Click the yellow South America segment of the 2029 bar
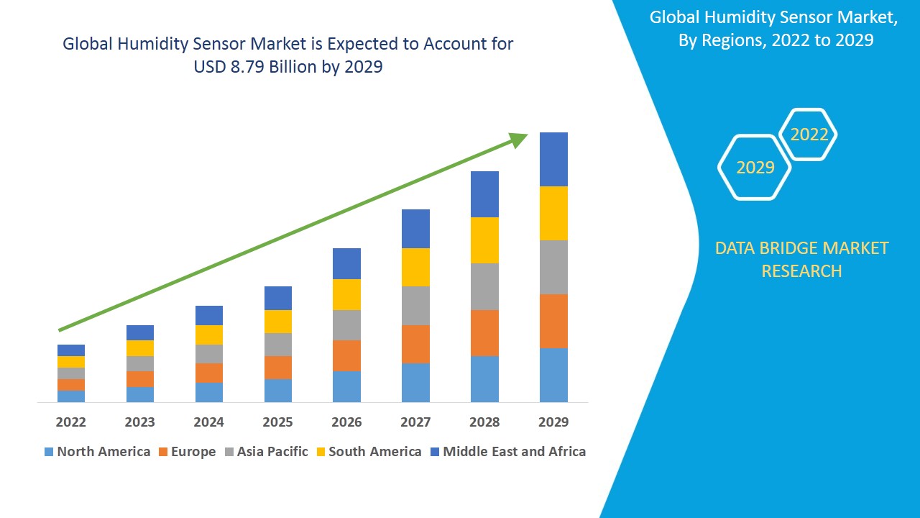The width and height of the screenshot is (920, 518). (553, 213)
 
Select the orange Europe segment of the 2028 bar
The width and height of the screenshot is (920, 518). (484, 332)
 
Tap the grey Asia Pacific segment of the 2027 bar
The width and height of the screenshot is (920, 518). (415, 306)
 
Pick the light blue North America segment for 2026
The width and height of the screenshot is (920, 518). (346, 386)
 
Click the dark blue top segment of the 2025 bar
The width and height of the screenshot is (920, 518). (278, 298)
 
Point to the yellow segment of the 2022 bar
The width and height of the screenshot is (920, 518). (71, 362)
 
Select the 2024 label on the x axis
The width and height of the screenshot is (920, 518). (208, 422)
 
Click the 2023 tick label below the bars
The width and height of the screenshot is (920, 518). (139, 422)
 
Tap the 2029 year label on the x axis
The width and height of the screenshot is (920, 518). (553, 422)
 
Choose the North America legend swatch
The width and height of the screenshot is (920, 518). (49, 453)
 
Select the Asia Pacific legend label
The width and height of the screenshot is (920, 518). (272, 452)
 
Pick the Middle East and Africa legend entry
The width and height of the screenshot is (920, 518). (514, 452)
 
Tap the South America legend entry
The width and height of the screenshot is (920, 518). (374, 452)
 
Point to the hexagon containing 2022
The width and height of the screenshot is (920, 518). (809, 135)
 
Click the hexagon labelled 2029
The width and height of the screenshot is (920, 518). (755, 168)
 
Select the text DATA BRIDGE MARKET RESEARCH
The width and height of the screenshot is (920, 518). (801, 260)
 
